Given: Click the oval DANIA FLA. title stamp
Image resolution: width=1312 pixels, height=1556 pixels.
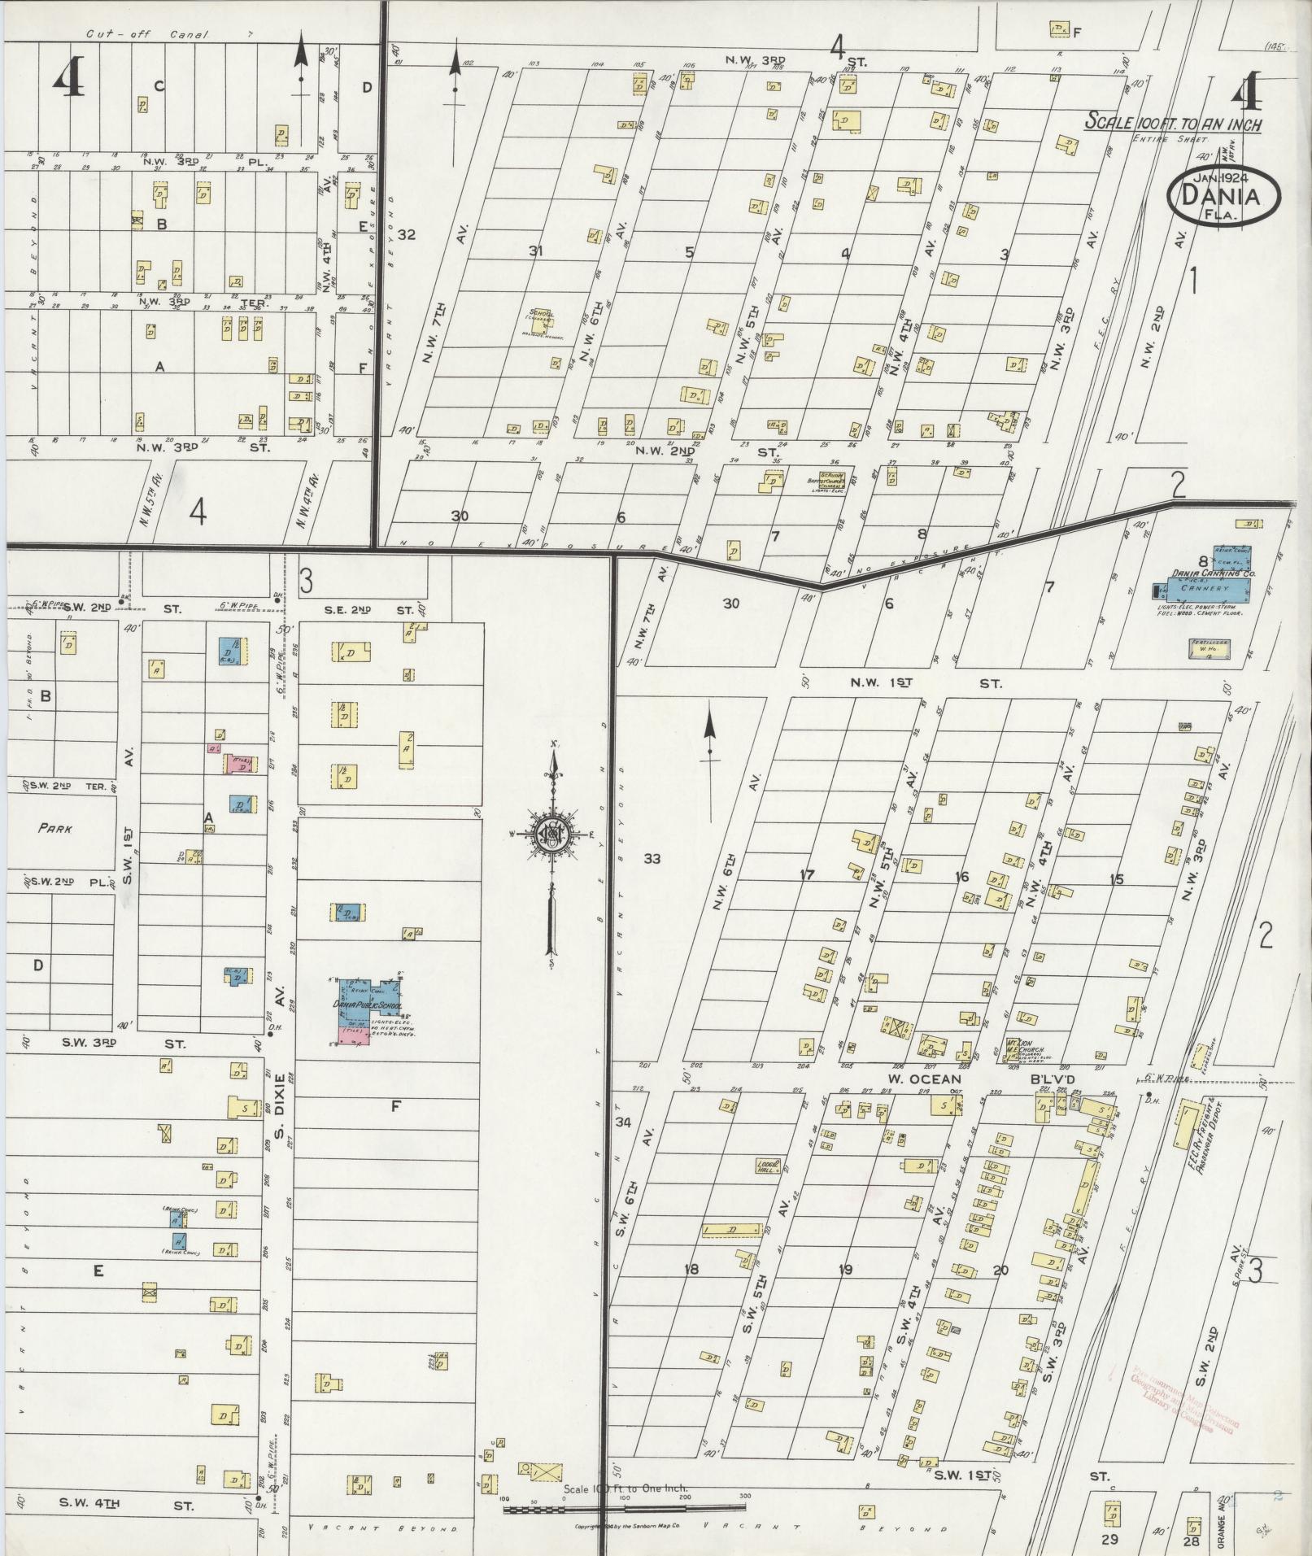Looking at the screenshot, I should click(x=1223, y=194).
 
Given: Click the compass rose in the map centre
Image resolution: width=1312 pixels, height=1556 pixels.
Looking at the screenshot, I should click(x=552, y=834).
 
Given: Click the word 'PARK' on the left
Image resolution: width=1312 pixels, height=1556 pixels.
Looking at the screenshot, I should click(x=54, y=830).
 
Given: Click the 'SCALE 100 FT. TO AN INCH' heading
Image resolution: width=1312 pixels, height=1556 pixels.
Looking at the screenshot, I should click(x=1174, y=124).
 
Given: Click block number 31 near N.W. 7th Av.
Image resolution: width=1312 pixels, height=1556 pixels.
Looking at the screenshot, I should click(x=535, y=251).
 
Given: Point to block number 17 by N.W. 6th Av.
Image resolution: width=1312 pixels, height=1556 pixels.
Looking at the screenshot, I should click(x=806, y=875).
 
